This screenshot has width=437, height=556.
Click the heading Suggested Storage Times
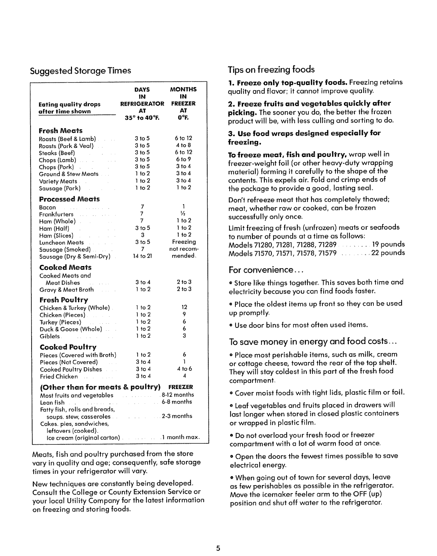click(80, 71)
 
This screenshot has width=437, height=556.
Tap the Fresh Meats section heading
click(61, 131)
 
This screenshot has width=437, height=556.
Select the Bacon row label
click(47, 207)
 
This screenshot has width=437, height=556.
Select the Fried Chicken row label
click(59, 377)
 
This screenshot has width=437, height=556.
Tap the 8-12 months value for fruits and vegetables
click(178, 395)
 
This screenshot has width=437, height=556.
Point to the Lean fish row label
click(52, 403)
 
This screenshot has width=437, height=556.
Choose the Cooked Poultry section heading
click(68, 347)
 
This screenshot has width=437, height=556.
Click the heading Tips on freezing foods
click(271, 69)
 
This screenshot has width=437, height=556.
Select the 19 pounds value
click(388, 244)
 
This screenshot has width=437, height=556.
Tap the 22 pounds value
click(388, 253)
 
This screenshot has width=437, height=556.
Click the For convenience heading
click(265, 270)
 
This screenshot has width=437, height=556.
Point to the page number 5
click(218, 548)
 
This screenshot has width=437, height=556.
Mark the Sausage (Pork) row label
click(60, 188)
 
